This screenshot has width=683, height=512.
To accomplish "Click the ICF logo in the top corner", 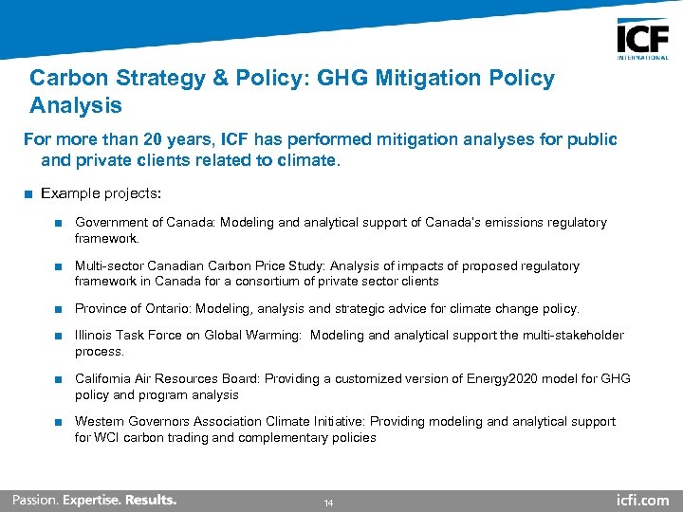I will click(642, 39).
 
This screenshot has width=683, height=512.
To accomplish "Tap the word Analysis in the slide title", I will click(76, 104).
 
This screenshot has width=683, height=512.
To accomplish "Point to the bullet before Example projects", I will click(30, 194).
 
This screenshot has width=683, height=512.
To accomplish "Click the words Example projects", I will click(102, 193).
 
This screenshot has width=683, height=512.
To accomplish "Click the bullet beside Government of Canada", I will click(59, 223).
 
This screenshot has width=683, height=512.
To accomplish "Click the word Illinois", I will click(93, 336).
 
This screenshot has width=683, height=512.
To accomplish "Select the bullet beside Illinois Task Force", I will click(59, 336).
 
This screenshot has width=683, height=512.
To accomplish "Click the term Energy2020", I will click(495, 379).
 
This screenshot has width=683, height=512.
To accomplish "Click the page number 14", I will click(328, 502).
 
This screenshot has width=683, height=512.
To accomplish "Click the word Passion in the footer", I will click(35, 500).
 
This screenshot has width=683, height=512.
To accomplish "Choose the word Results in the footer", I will click(150, 500).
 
